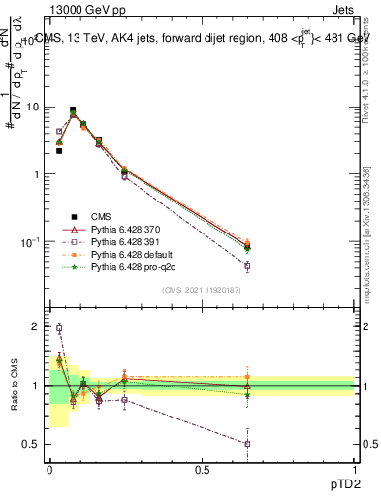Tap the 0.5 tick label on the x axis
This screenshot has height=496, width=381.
point(202,471)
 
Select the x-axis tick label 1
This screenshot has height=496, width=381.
point(355,471)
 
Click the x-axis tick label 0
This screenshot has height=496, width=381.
point(49,471)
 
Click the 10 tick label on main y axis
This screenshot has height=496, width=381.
point(30,108)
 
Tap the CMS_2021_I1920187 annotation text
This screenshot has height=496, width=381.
point(202,288)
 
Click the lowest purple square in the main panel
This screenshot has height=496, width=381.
point(247,265)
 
